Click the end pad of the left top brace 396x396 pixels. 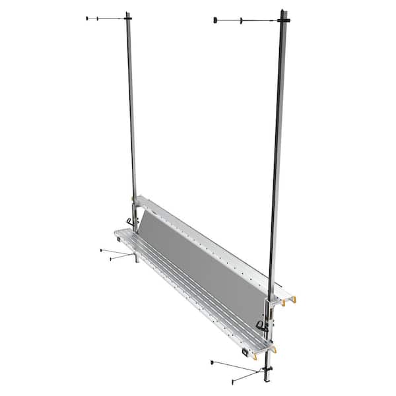click(88, 18)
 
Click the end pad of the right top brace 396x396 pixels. click(216, 20)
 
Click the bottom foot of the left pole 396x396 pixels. click(137, 259)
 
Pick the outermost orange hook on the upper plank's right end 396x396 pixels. click(294, 301)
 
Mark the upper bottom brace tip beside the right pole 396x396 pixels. click(211, 362)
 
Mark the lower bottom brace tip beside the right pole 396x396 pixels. click(232, 381)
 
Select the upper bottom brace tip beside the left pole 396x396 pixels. click(100, 251)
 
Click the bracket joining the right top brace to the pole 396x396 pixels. click(284, 22)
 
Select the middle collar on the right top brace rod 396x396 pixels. click(242, 20)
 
